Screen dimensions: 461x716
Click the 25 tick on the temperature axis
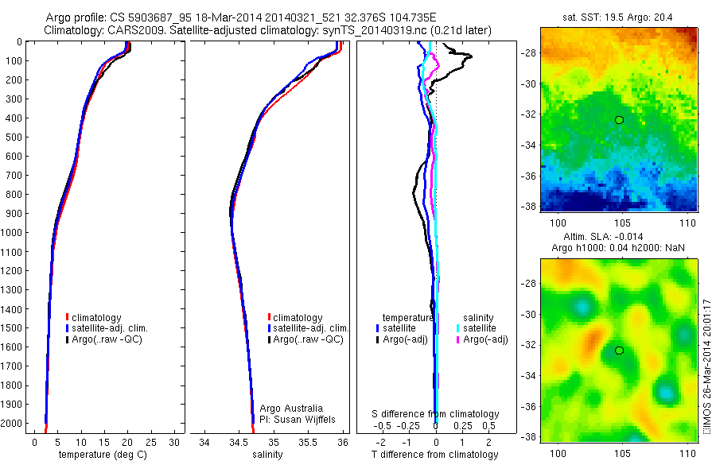pos(151,442)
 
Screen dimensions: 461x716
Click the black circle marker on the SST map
pos(619,120)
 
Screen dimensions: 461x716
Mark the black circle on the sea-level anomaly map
pos(619,350)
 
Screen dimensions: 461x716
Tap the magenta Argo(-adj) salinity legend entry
pos(485,339)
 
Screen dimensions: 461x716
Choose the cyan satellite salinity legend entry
pos(481,327)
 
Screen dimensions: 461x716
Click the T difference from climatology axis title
pos(435,455)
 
